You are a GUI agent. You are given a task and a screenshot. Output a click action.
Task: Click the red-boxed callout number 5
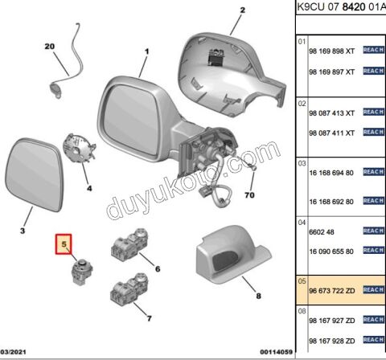[64, 244]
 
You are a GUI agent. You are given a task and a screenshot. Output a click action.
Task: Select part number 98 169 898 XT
[332, 51]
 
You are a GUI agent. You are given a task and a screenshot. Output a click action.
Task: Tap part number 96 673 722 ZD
[332, 291]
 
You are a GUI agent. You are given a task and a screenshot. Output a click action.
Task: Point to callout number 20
[50, 47]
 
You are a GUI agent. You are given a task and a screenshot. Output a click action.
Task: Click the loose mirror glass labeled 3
[35, 174]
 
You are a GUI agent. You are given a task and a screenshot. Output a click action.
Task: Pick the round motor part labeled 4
[79, 148]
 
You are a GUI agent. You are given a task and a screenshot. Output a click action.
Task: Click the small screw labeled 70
[253, 168]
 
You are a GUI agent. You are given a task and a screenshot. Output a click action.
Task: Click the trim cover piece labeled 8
[233, 254]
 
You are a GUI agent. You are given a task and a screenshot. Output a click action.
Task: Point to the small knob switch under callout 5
[82, 272]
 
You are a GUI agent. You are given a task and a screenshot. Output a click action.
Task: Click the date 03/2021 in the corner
[13, 352]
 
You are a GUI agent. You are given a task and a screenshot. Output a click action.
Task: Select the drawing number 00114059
[276, 352]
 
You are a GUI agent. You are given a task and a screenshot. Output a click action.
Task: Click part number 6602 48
[322, 232]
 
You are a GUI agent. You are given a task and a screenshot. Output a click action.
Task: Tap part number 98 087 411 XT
[332, 133]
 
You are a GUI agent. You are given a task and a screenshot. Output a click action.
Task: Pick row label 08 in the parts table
[302, 311]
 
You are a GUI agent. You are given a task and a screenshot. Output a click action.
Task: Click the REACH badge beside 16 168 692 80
[374, 201]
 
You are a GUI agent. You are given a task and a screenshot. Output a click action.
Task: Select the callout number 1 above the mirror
[146, 51]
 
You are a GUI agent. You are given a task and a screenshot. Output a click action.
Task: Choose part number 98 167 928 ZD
[332, 341]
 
